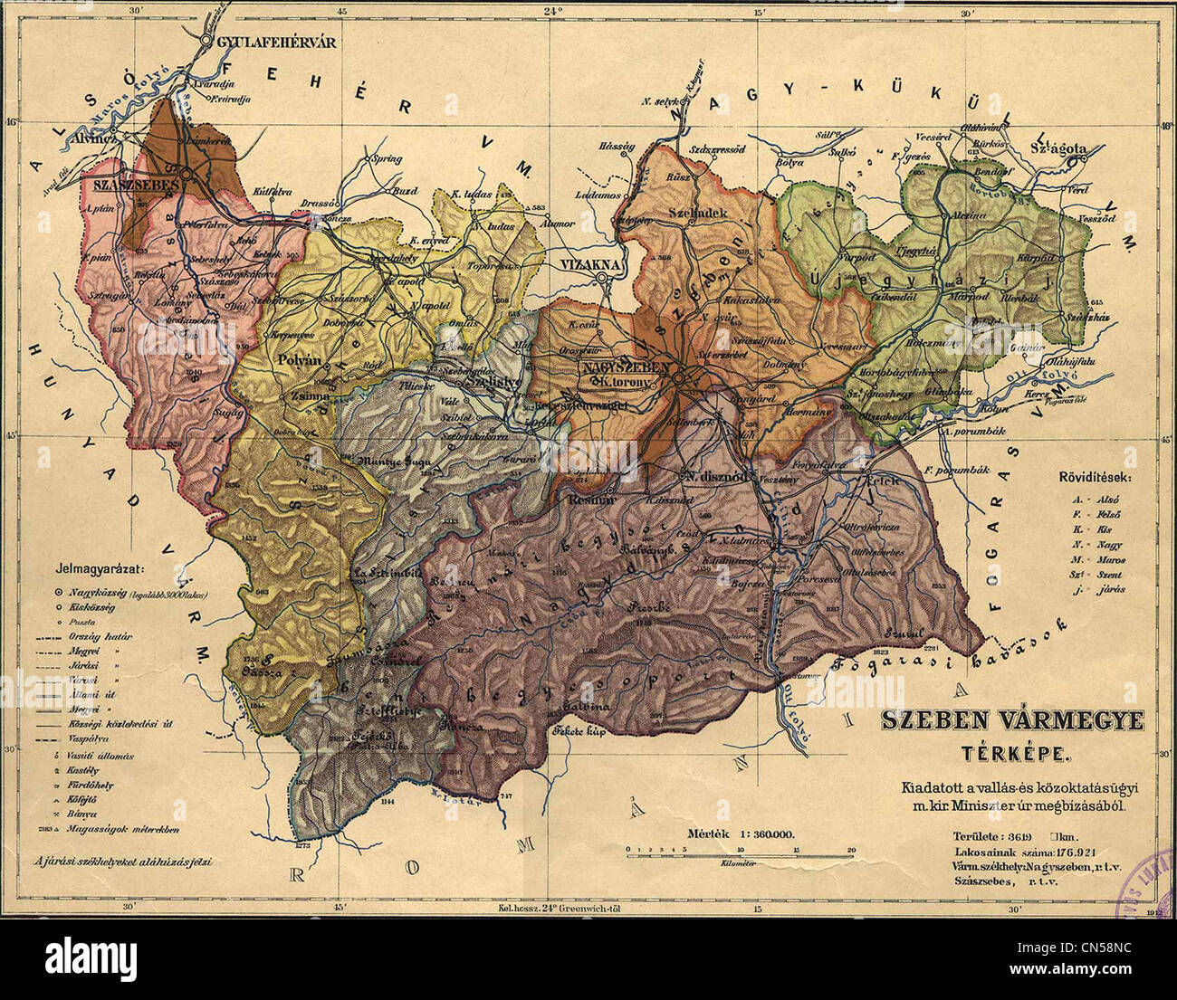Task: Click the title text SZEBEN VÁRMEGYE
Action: coord(1012,721)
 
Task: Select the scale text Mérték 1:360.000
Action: coord(733,833)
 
